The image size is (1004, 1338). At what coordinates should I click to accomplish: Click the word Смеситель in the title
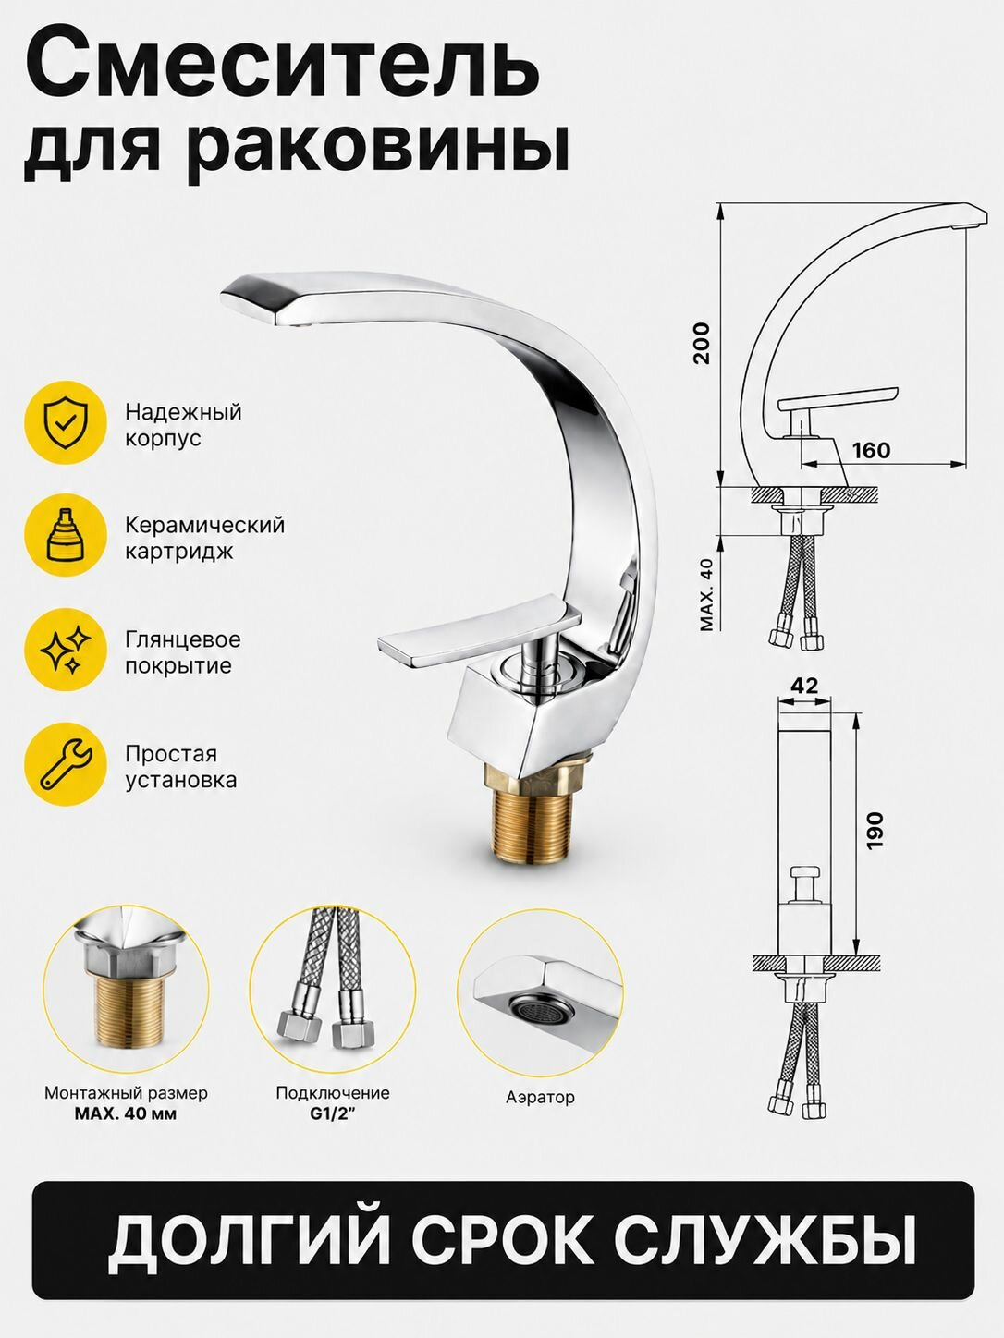point(282,68)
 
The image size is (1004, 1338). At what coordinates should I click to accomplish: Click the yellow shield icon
point(66,422)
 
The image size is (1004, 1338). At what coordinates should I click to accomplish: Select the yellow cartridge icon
point(66,535)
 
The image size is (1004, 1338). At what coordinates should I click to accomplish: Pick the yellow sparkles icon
point(66,650)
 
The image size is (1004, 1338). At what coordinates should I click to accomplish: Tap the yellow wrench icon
point(66,764)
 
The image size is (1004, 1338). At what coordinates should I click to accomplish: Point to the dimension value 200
point(703,343)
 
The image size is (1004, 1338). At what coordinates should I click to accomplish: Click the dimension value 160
point(871,451)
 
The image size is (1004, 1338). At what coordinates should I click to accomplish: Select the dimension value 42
point(805,686)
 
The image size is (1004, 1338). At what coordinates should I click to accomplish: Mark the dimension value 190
point(875,831)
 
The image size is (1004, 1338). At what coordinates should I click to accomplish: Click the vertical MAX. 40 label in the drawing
point(706,594)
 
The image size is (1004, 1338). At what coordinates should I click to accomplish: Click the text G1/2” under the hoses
point(333,1113)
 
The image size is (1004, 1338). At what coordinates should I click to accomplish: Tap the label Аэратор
point(540,1097)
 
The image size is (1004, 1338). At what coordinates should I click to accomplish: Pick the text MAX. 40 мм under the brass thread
point(126,1113)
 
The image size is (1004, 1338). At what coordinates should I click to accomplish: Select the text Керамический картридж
point(205,538)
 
